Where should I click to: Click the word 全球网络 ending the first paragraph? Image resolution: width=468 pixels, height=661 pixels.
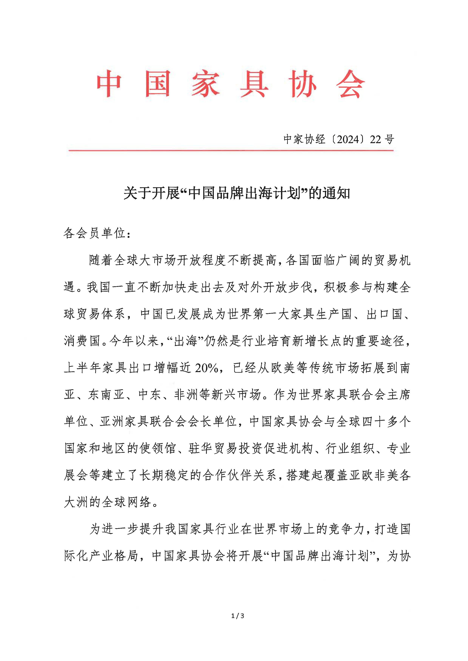click(127, 502)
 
